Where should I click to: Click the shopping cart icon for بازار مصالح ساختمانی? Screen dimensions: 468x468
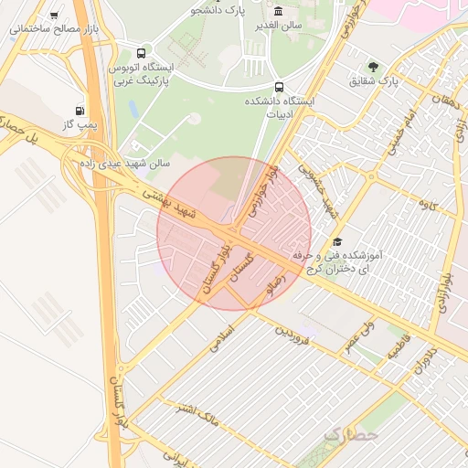pos(55,16)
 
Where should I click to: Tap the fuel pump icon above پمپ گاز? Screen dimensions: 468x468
pos(91,110)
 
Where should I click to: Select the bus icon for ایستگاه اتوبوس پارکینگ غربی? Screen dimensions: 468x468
pos(140,54)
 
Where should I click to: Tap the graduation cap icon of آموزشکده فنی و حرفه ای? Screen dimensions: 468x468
pos(338,241)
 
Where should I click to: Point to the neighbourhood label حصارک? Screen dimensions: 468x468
pos(349,435)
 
